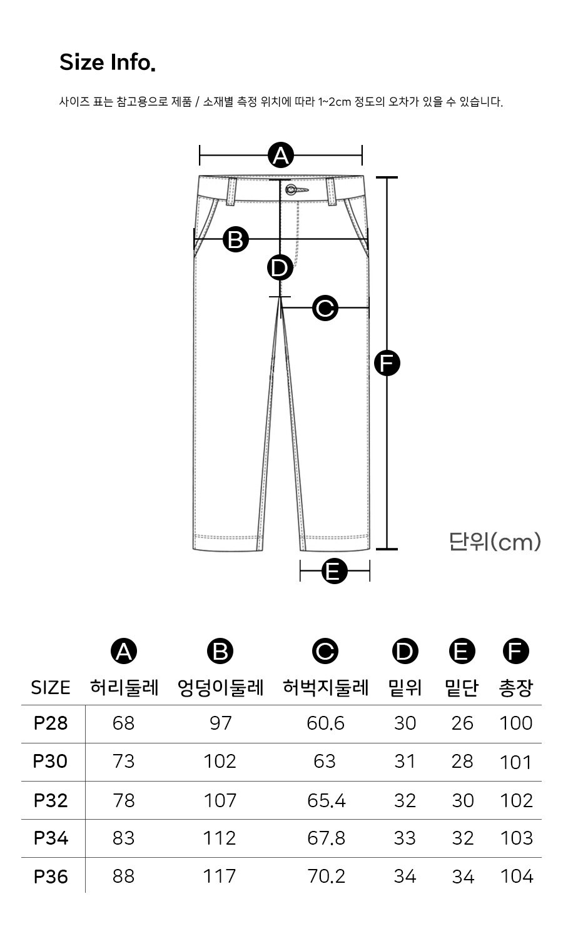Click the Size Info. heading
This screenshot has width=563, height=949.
click(107, 62)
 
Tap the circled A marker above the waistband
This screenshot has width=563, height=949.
click(281, 155)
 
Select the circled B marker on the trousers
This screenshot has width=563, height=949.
click(236, 239)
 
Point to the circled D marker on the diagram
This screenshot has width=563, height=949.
click(280, 268)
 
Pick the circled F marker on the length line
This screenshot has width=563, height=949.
click(387, 363)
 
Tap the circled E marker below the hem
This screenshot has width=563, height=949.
click(334, 571)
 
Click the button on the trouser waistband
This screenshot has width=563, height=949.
click(292, 189)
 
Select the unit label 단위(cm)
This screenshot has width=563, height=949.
click(494, 542)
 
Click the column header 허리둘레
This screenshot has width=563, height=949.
click(124, 688)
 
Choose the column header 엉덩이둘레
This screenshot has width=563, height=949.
click(220, 688)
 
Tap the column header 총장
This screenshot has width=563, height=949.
click(515, 688)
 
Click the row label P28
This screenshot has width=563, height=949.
click(50, 723)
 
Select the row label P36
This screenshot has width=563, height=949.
click(50, 876)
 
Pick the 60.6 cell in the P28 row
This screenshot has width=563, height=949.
click(325, 723)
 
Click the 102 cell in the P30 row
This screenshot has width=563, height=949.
click(220, 762)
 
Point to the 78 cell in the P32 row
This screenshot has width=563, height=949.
click(124, 800)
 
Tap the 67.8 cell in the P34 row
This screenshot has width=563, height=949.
click(325, 838)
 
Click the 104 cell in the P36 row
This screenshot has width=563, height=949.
click(516, 876)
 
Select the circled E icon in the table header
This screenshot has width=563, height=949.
click(462, 652)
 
